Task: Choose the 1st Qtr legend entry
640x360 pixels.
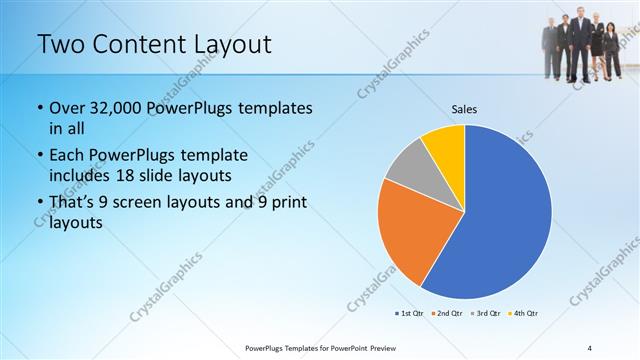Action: [408, 313]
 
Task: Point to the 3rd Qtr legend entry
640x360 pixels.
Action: [485, 313]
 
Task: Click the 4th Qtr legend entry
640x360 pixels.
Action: [524, 313]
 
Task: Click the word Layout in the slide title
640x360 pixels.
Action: [225, 44]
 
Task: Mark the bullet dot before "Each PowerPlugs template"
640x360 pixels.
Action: [39, 156]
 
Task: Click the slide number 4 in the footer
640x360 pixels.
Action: [590, 347]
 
